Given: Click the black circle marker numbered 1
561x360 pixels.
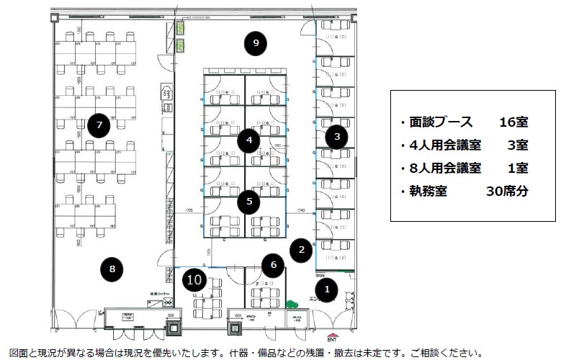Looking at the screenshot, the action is point(327,290).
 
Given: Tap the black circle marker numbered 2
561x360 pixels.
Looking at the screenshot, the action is point(302,249).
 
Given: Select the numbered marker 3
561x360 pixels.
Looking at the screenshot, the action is point(336,135).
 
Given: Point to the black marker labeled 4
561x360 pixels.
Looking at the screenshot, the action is point(248,140).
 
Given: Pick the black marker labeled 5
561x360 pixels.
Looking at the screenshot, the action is point(248,201).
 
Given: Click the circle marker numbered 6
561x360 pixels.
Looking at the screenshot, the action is point(273,264).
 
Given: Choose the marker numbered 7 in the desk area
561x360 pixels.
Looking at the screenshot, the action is point(99,125).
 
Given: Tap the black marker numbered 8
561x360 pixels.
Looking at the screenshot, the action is point(112,269).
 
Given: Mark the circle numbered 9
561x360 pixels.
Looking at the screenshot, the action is point(255,43).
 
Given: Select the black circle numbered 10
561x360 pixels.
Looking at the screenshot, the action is point(193,279).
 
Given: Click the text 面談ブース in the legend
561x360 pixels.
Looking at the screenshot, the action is point(435,122).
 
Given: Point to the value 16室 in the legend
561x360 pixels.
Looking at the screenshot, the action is point(512,122).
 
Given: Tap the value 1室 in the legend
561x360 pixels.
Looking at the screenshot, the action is point(517,168).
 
